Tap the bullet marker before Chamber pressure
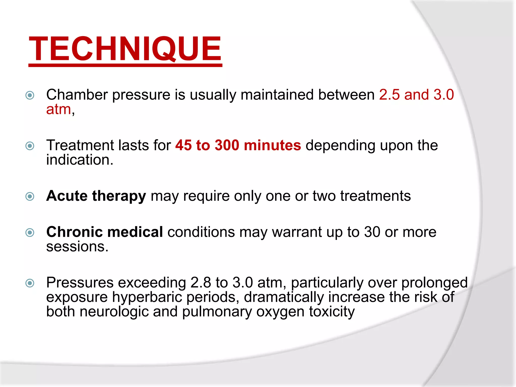30,95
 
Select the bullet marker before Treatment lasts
30,146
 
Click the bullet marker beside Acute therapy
30,196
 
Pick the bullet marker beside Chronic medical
30,232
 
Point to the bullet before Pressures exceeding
30,283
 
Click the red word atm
58,110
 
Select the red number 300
227,145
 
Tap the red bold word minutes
272,145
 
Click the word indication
79,160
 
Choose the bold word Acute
67,196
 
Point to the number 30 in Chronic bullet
372,232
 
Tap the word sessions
77,247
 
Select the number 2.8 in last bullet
201,282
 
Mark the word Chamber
77,95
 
